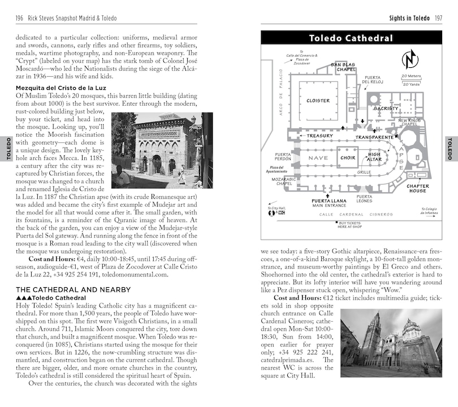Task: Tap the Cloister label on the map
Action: pyautogui.click(x=318, y=101)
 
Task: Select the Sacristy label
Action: pyautogui.click(x=386, y=109)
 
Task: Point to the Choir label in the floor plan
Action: pyautogui.click(x=348, y=158)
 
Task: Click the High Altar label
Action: pyautogui.click(x=374, y=156)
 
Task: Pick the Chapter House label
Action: pyautogui.click(x=417, y=188)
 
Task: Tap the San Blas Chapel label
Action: pyautogui.click(x=343, y=67)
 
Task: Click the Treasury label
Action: pyautogui.click(x=319, y=136)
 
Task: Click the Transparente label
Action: pyautogui.click(x=374, y=137)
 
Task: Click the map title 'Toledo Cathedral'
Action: pyautogui.click(x=351, y=38)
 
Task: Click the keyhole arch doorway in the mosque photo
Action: pyautogui.click(x=156, y=164)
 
